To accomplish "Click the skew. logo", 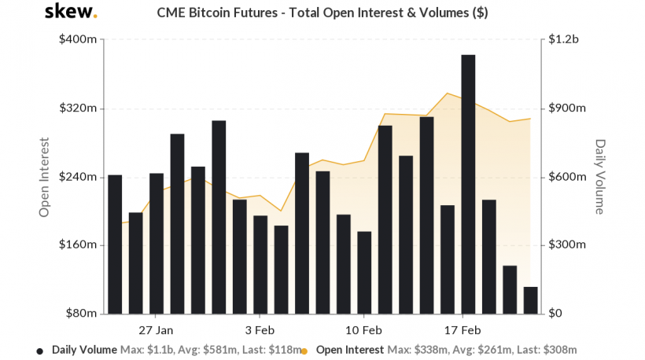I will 71,13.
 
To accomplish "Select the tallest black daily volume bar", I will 468,184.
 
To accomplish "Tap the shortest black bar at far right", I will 530,300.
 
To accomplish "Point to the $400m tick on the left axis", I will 77,40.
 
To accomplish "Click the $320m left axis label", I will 77,108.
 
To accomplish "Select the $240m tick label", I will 77,177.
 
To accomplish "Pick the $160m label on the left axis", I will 77,245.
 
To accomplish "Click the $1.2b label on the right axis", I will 564,40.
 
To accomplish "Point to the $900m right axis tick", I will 567,108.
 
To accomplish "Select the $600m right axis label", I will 567,177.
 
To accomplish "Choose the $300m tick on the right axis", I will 567,245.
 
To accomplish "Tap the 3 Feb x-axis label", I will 259,329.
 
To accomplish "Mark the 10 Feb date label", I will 363,329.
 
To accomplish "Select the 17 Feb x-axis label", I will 463,329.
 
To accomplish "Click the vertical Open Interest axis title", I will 45,178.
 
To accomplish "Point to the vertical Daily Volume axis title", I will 600,177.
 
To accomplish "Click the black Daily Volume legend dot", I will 40,350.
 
